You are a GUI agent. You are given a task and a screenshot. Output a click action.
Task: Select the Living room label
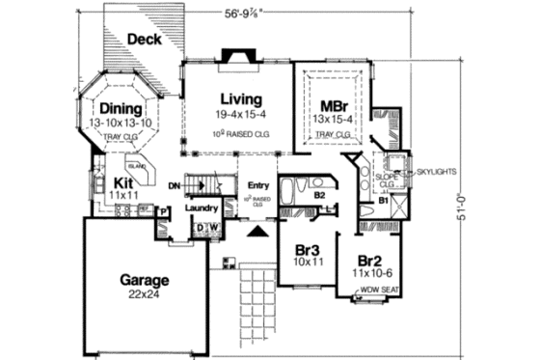240,98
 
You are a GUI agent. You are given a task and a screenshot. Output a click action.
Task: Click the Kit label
122,180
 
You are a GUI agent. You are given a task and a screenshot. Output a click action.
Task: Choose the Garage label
145,280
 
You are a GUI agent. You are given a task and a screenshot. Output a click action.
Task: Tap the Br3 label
308,248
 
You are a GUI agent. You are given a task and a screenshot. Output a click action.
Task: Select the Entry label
257,186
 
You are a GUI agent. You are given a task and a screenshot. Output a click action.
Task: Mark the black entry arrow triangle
257,234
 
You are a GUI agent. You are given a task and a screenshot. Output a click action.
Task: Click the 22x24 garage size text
145,295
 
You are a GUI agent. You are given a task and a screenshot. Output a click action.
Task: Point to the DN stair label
174,185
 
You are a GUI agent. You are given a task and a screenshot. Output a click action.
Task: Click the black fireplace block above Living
235,57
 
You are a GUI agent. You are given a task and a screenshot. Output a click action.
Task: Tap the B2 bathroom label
293,193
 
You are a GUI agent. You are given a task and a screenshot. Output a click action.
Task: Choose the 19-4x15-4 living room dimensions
240,115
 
